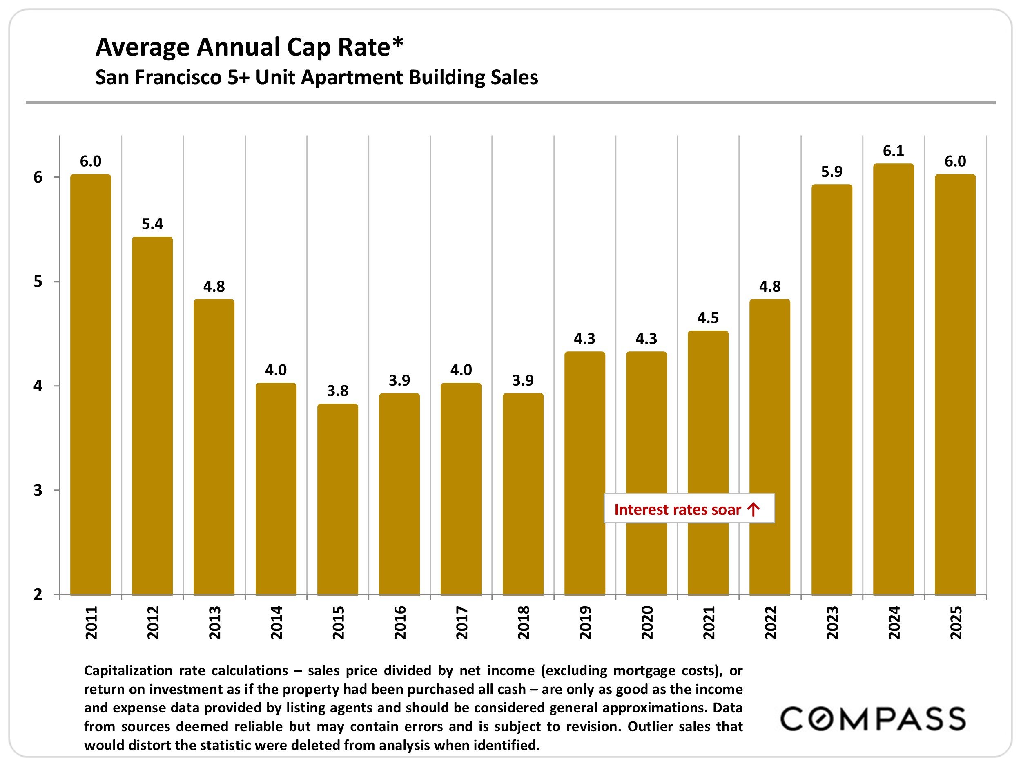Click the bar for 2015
[337, 499]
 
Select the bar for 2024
[893, 379]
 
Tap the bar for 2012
[152, 415]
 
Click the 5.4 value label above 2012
[152, 224]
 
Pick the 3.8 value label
[337, 391]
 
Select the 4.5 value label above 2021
[708, 318]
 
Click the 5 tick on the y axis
[38, 281]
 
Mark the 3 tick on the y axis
[38, 490]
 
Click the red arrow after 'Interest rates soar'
[753, 509]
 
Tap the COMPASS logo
[872, 719]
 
